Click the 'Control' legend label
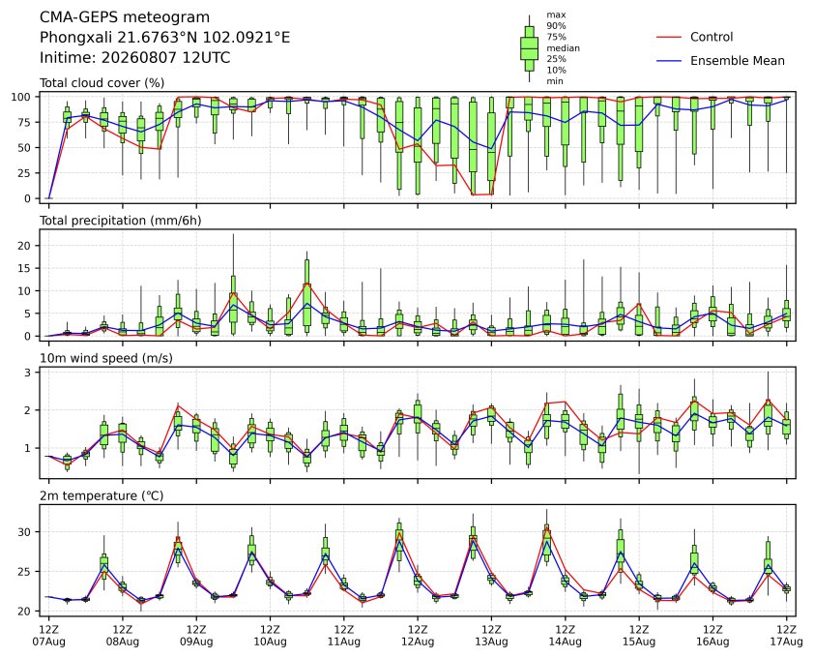[712, 37]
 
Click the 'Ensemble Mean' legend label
[738, 61]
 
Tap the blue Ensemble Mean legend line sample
[669, 61]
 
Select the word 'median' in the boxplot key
[563, 47]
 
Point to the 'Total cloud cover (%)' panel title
[102, 83]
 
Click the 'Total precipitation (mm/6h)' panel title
[121, 221]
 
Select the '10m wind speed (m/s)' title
[106, 358]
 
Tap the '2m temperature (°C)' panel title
[102, 495]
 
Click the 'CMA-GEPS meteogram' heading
[125, 17]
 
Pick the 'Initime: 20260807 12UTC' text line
[135, 57]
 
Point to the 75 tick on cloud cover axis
[25, 122]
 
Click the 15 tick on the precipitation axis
[25, 268]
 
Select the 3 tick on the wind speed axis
[28, 373]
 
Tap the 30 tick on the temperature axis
[25, 532]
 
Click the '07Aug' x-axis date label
[48, 642]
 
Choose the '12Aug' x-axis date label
[418, 642]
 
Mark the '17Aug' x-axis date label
[786, 642]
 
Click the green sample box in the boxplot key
[529, 48]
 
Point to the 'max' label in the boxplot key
[556, 15]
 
